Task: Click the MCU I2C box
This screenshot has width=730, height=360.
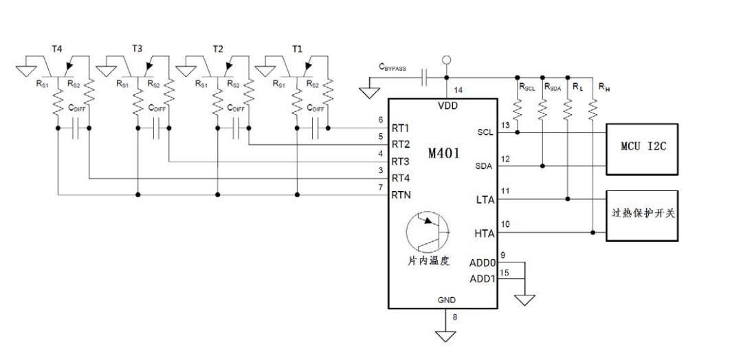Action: (641, 148)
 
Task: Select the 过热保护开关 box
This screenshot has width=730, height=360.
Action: (641, 214)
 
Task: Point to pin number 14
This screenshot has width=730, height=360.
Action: (458, 89)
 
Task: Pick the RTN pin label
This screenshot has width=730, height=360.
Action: (402, 195)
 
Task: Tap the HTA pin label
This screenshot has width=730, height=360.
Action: (484, 233)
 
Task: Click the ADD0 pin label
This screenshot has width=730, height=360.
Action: (483, 262)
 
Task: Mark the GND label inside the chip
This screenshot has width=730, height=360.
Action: (447, 300)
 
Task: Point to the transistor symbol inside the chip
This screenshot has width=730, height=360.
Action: (428, 233)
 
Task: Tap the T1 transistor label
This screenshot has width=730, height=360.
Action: (296, 49)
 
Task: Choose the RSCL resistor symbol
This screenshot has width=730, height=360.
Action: (517, 110)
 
